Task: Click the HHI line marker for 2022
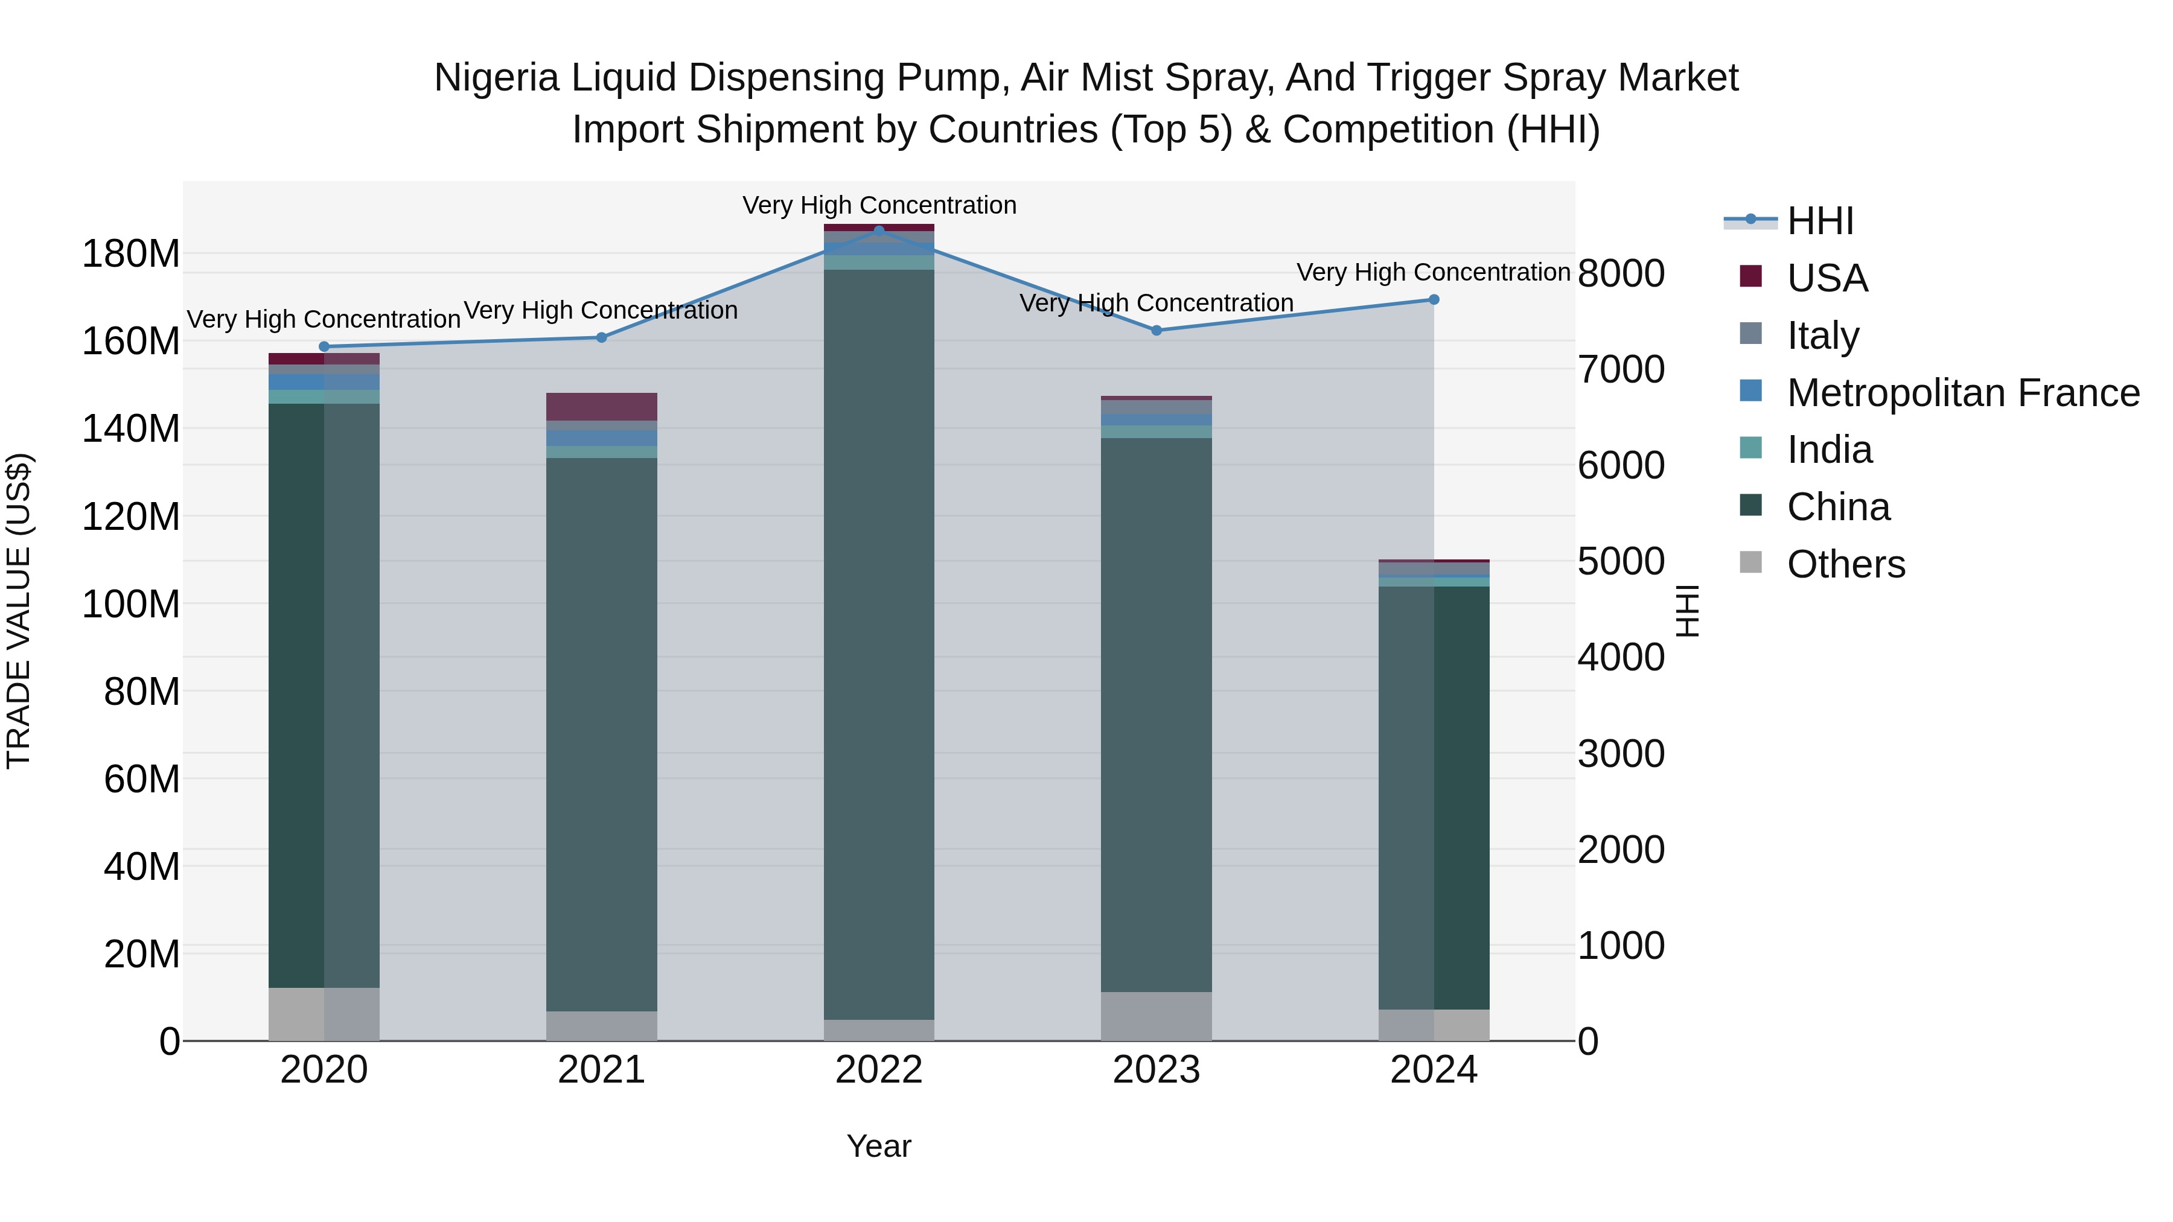tap(879, 231)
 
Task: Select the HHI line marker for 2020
tap(324, 346)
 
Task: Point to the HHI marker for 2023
tap(1157, 331)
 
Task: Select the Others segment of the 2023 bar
tap(1157, 1016)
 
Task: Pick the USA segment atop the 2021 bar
tap(601, 407)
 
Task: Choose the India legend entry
tap(1829, 450)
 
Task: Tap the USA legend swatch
tap(1751, 276)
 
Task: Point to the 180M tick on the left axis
tap(131, 254)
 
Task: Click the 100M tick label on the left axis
tap(131, 605)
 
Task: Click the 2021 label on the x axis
tap(601, 1070)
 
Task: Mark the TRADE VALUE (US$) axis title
tap(19, 611)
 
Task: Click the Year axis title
tap(879, 1146)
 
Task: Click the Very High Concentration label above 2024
tap(1432, 272)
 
